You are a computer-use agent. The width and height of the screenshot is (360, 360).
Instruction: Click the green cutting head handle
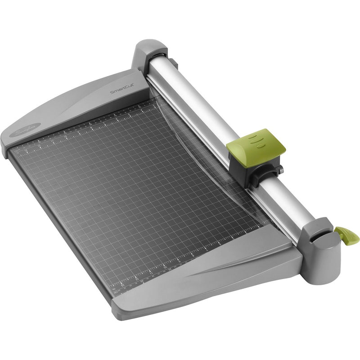256,143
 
